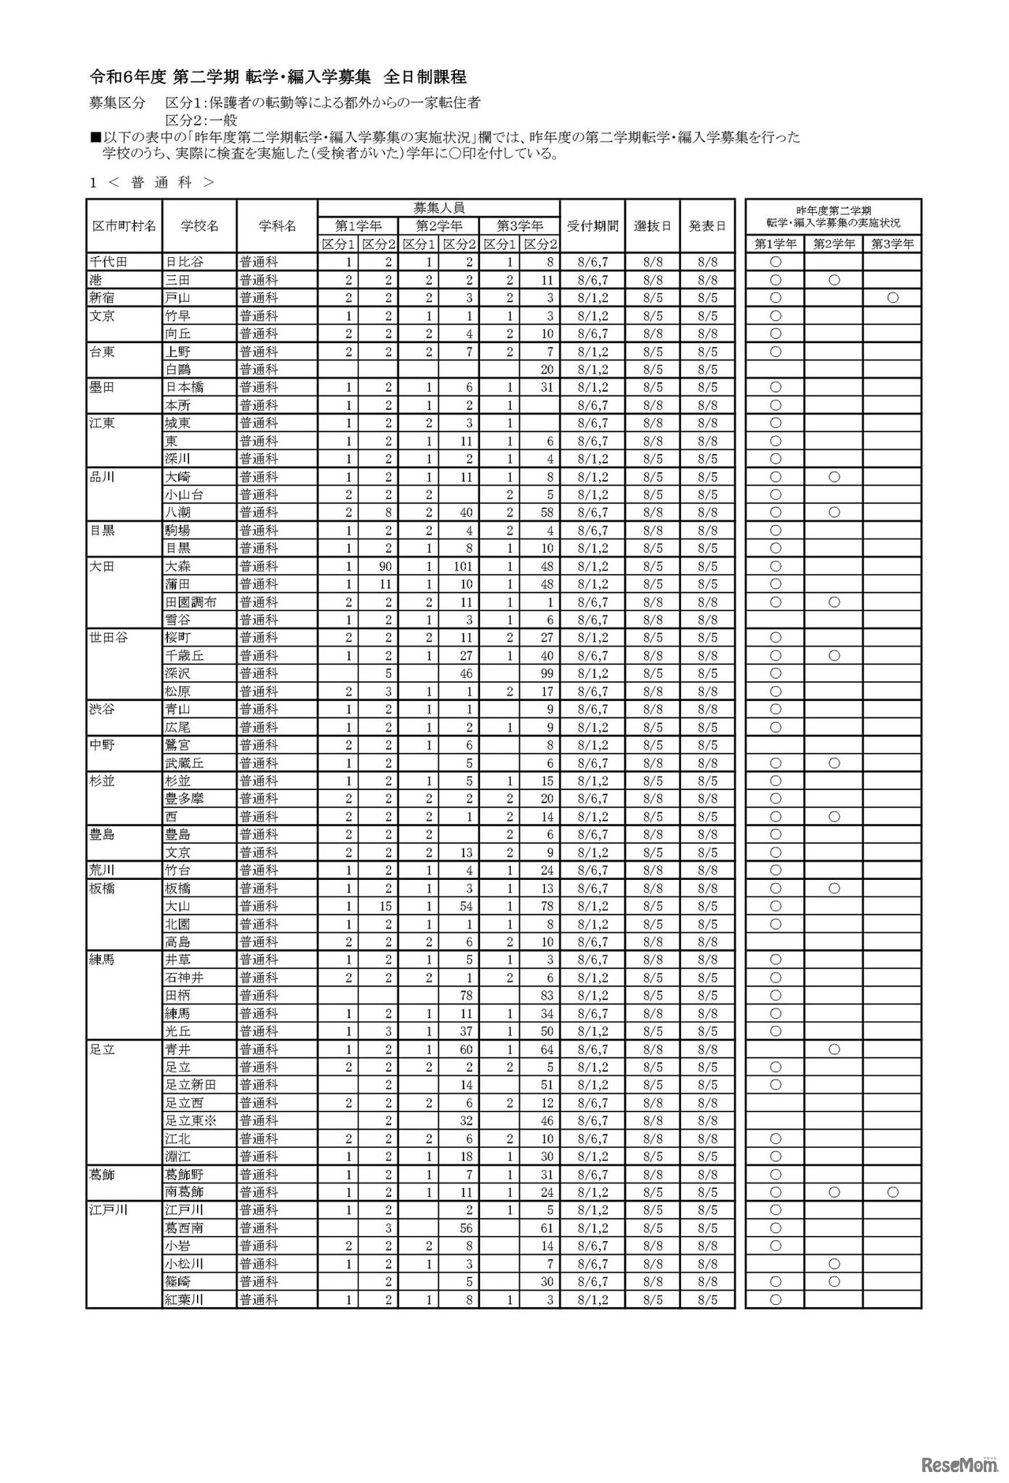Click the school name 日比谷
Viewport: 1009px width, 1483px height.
point(177,262)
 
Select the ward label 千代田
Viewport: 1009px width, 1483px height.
point(108,262)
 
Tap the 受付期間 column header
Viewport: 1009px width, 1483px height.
point(592,225)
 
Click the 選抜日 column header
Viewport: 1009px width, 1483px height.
point(653,225)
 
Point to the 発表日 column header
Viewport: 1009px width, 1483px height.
point(707,225)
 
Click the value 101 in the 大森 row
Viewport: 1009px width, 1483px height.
point(468,566)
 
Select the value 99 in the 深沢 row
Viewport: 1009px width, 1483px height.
point(546,673)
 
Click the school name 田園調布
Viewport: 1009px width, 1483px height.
point(190,602)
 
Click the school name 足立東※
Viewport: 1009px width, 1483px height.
point(189,1120)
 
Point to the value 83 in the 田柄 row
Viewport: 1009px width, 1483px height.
point(547,995)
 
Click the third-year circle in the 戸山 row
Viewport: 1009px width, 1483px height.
point(892,298)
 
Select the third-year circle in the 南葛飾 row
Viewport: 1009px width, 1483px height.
point(892,1192)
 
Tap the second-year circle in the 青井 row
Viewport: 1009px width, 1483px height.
point(834,1049)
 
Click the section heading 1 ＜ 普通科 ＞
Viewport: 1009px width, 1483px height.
point(151,182)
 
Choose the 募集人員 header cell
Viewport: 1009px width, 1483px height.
point(438,208)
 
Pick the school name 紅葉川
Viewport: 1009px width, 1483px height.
point(184,1299)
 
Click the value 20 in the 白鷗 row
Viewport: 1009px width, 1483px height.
point(547,369)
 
